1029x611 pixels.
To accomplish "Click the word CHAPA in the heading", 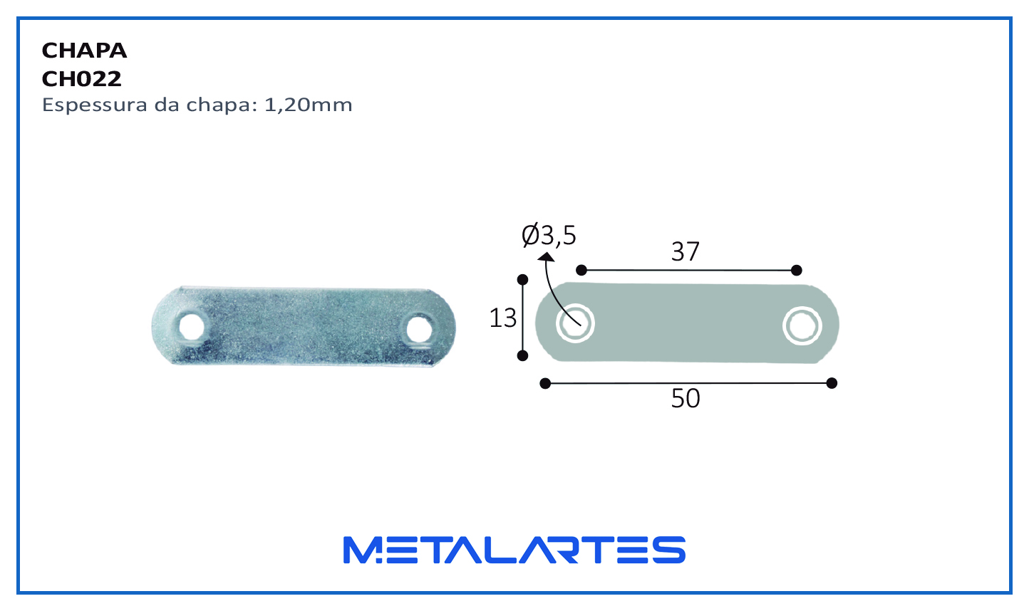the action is [84, 51].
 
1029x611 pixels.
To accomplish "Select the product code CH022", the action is [81, 79].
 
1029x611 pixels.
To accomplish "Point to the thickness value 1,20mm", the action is [309, 105].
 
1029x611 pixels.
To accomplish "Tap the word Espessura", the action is [95, 105].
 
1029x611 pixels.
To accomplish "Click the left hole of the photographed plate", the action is [191, 327].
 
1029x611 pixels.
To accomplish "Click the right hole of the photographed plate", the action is [419, 330].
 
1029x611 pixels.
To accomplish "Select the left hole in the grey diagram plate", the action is [575, 323].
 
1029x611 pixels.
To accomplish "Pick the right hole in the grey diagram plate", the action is [802, 326].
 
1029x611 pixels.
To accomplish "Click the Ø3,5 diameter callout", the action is [549, 236].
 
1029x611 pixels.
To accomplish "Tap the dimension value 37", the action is [686, 251].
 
